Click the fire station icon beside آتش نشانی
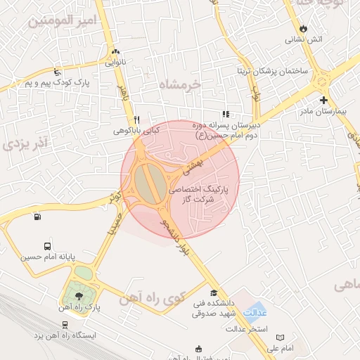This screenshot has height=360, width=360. tap(303, 28)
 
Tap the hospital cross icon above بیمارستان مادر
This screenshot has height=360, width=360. tap(323, 100)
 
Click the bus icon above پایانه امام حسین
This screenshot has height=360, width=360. tap(47, 247)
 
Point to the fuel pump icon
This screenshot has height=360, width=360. tap(37, 216)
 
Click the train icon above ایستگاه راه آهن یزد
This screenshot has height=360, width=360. tap(65, 324)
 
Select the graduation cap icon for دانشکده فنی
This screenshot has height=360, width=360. tap(213, 293)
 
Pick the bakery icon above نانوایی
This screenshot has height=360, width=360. tap(115, 51)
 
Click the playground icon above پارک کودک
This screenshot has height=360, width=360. tap(57, 72)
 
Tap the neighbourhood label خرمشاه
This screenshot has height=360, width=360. tap(179, 84)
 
